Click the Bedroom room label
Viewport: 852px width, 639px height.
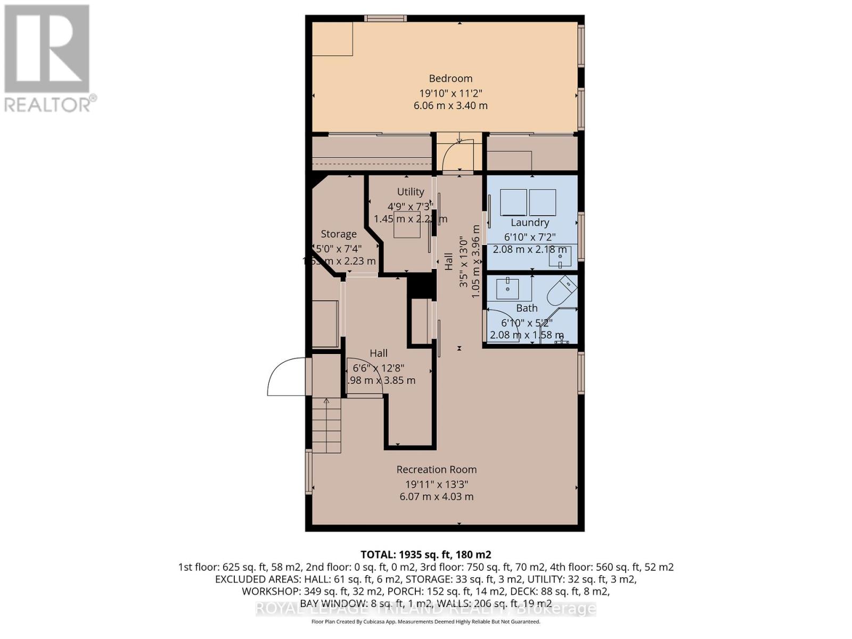pyautogui.click(x=450, y=78)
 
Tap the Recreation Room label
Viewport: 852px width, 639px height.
pyautogui.click(x=436, y=470)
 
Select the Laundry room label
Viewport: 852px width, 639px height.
pyautogui.click(x=529, y=223)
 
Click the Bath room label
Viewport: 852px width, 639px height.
pyautogui.click(x=527, y=308)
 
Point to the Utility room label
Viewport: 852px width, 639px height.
pyautogui.click(x=410, y=192)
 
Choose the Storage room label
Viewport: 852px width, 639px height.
pyautogui.click(x=339, y=234)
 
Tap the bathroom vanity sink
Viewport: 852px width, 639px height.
pyautogui.click(x=508, y=289)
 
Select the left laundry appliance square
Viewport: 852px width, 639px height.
pyautogui.click(x=513, y=202)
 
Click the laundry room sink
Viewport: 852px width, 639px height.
pyautogui.click(x=560, y=257)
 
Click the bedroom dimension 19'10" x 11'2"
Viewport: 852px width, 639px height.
pyautogui.click(x=450, y=92)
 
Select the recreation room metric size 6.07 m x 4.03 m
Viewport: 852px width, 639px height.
pyautogui.click(x=436, y=496)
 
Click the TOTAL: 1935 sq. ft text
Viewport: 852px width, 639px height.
pyautogui.click(x=425, y=554)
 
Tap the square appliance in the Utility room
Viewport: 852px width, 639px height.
pyautogui.click(x=407, y=228)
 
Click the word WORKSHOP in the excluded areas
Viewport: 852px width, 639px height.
pyautogui.click(x=269, y=591)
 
